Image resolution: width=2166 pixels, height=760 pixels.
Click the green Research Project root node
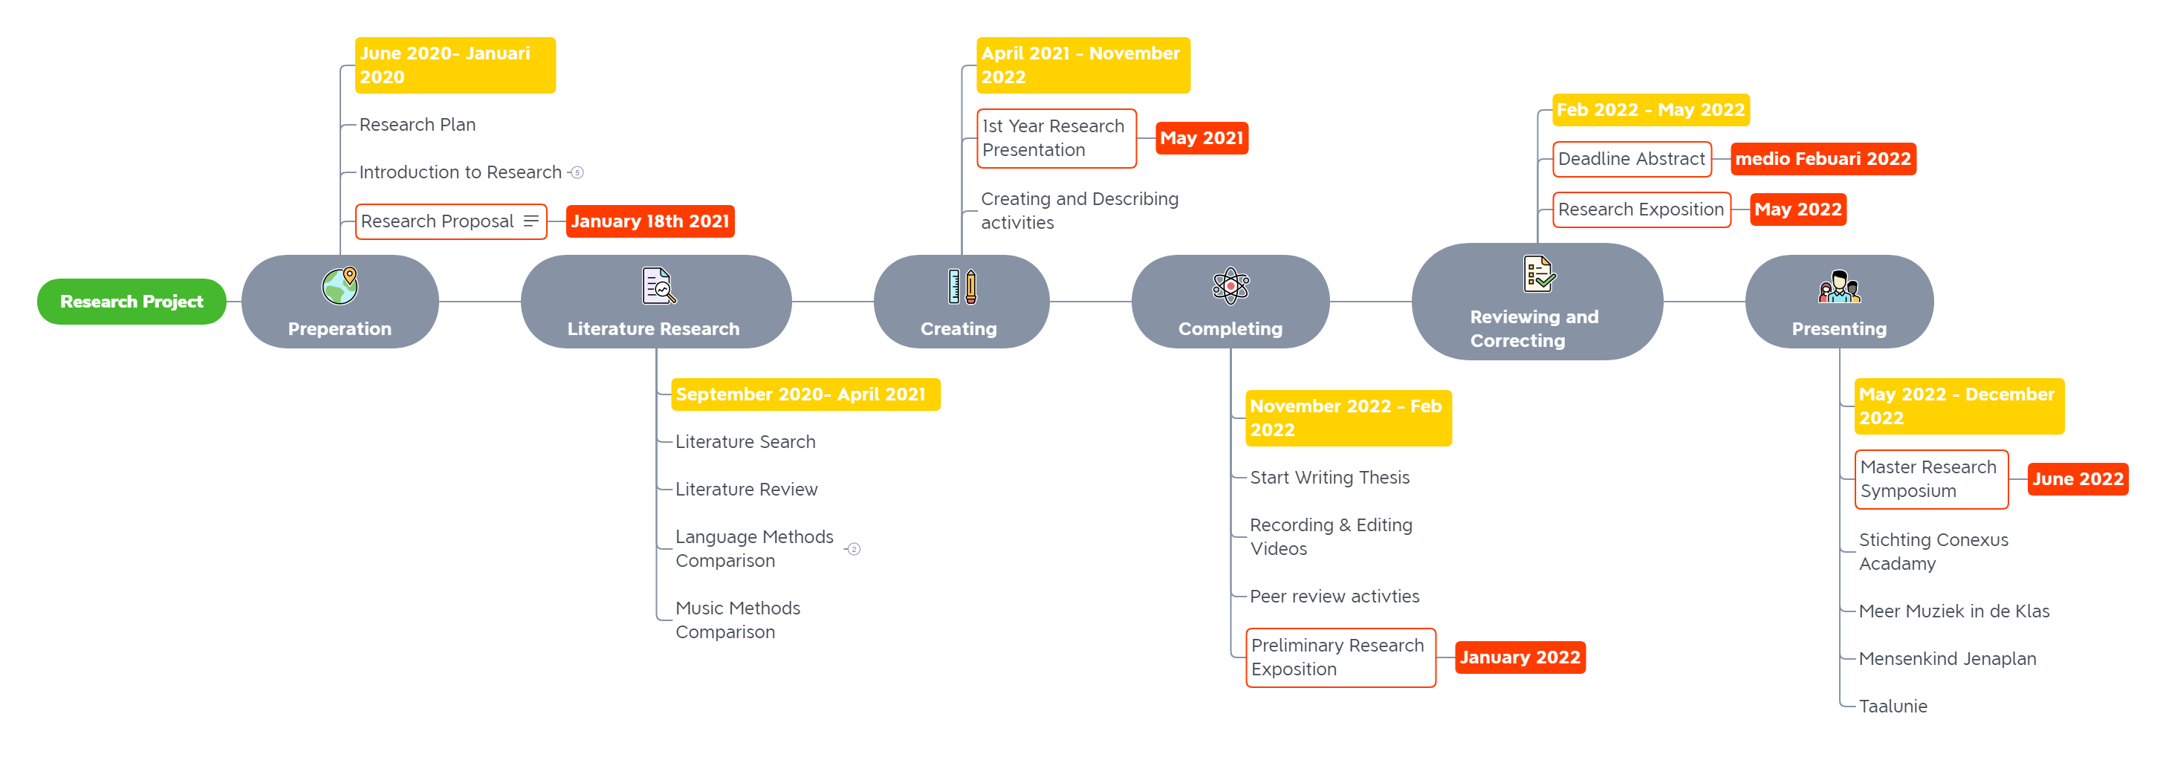pyautogui.click(x=132, y=302)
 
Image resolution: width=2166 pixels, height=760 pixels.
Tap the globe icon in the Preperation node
pyautogui.click(x=340, y=286)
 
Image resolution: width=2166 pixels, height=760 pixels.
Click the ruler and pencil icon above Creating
pyautogui.click(x=962, y=286)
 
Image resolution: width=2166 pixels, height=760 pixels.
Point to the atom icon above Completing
pyautogui.click(x=1230, y=286)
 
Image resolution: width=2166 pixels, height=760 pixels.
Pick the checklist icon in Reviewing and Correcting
pyautogui.click(x=1539, y=274)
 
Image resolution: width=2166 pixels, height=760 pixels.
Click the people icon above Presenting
pyautogui.click(x=1839, y=287)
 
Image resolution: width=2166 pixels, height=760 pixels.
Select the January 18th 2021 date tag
pyautogui.click(x=650, y=222)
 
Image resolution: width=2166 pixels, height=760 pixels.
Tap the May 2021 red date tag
pyautogui.click(x=1202, y=139)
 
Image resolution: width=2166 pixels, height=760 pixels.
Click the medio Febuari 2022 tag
pyautogui.click(x=1823, y=159)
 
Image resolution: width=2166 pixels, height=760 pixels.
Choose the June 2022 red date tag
pyautogui.click(x=2078, y=479)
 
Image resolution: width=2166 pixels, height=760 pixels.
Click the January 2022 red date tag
pyautogui.click(x=1520, y=657)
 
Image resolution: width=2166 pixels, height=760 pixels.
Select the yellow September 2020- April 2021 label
pyautogui.click(x=805, y=394)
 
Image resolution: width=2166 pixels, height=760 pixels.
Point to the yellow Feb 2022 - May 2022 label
pyautogui.click(x=1650, y=110)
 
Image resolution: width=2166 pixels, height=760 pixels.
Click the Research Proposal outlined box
pyautogui.click(x=451, y=222)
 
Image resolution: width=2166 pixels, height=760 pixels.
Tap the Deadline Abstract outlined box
pyautogui.click(x=1631, y=159)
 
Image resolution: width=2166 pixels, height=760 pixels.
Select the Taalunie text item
pyautogui.click(x=1893, y=707)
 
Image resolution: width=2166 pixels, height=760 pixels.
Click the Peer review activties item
pyautogui.click(x=1334, y=597)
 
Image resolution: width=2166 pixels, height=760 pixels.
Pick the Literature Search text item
pyautogui.click(x=745, y=442)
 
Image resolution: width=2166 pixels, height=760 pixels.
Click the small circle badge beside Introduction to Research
pyautogui.click(x=577, y=172)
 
